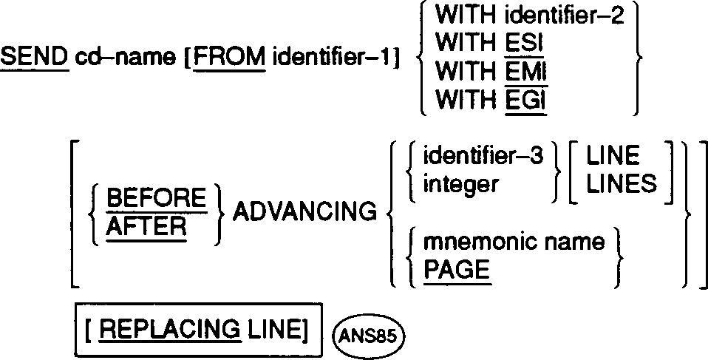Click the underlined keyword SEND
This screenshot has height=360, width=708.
click(34, 56)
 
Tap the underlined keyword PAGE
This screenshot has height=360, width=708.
click(457, 270)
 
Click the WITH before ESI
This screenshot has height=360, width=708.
click(464, 44)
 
